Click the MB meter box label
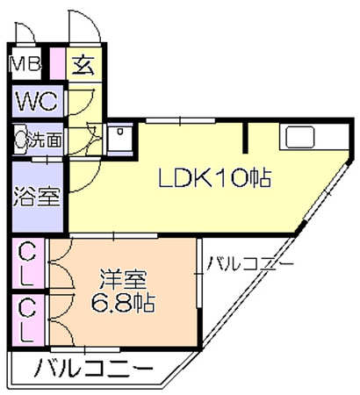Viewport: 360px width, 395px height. click(25, 64)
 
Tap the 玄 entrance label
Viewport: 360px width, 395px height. click(83, 64)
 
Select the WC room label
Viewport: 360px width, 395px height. click(37, 101)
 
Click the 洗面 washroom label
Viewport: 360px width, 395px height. click(45, 140)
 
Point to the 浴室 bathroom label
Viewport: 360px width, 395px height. click(37, 196)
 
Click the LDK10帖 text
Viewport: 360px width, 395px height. click(214, 177)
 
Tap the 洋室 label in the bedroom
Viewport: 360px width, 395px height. click(123, 279)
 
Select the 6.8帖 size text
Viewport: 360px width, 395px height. click(123, 303)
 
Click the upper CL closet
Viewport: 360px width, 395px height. click(28, 265)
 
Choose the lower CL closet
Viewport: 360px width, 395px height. click(28, 320)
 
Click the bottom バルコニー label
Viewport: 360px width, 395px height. click(94, 368)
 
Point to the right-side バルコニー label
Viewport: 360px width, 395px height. click(249, 263)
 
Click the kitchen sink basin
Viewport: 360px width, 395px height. click(300, 137)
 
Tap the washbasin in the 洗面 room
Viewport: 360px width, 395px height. click(20, 139)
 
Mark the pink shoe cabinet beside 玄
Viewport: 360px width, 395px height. click(58, 63)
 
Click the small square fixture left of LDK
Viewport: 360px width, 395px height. click(119, 138)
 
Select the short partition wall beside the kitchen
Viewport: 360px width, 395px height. click(246, 137)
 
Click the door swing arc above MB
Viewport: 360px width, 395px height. click(30, 29)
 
